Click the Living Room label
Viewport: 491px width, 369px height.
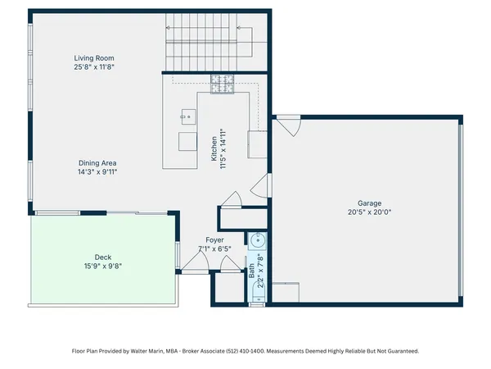click(x=94, y=58)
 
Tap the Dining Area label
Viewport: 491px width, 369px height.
click(x=97, y=162)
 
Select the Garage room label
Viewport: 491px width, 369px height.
click(x=368, y=203)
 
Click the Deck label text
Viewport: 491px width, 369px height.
click(x=103, y=255)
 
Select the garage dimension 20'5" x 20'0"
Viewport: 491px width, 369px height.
click(x=368, y=213)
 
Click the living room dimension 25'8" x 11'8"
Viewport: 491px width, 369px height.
click(x=94, y=68)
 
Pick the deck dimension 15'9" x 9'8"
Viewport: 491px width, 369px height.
click(x=103, y=265)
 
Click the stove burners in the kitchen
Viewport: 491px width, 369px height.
click(x=222, y=82)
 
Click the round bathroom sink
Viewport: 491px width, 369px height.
click(x=257, y=240)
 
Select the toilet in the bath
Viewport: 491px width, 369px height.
click(x=257, y=298)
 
